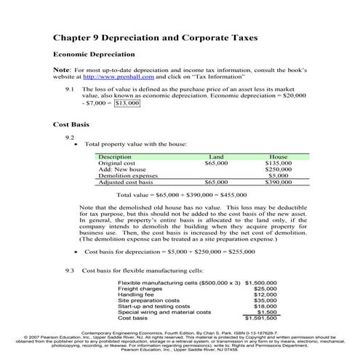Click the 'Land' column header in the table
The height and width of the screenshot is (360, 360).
pos(216,156)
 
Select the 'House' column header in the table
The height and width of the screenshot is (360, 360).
pos(278,156)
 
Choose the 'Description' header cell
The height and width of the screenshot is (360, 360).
pos(115,156)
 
